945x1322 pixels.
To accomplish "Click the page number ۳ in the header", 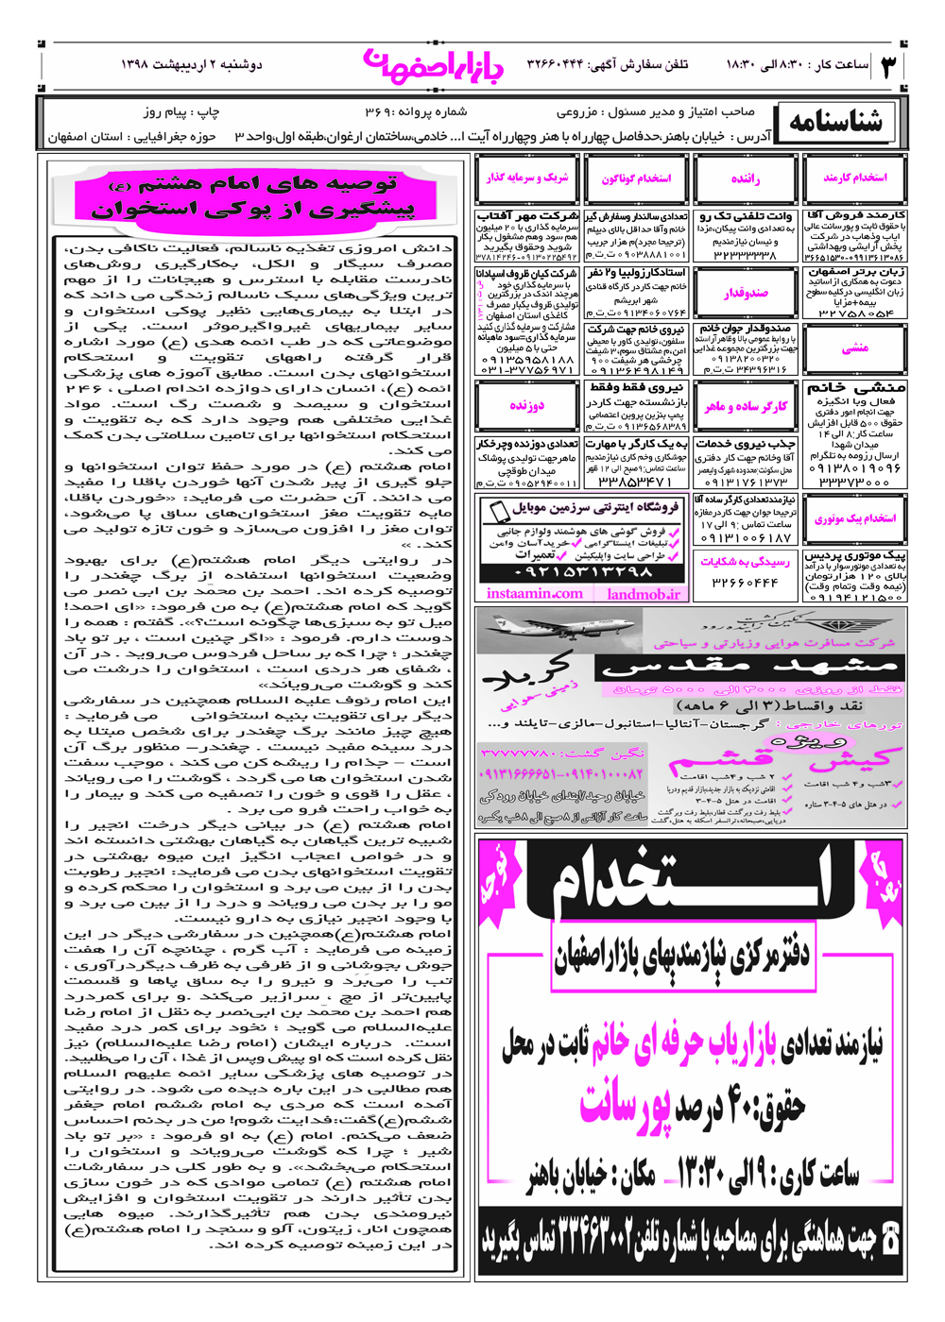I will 889,67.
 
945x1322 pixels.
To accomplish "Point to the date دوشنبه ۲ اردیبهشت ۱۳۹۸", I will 191,64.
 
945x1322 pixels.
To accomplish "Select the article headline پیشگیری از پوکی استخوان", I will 253,209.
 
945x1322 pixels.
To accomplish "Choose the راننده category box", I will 745,178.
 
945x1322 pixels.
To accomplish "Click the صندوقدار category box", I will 745,293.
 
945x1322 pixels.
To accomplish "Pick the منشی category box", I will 854,347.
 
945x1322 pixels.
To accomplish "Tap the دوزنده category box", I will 526,405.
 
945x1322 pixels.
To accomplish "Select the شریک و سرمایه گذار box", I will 526,178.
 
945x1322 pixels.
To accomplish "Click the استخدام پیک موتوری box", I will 854,518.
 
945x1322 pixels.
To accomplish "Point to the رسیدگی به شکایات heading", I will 745,562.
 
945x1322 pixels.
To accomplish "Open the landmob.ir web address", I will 644,594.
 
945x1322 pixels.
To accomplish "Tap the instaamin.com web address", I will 535,594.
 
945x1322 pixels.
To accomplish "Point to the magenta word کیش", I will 855,757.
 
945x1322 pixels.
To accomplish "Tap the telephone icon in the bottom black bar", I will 889,1239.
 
